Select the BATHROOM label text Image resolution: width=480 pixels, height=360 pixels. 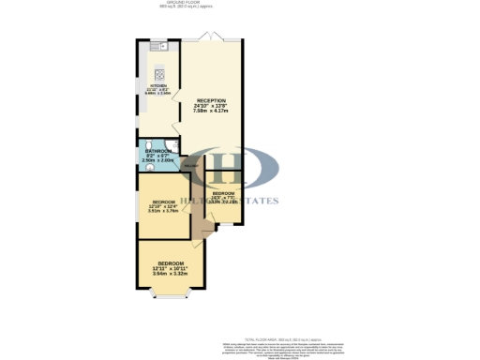coord(157,151)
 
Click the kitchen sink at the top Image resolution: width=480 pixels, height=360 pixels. coord(158,47)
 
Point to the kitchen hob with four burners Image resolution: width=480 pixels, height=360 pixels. coord(158,75)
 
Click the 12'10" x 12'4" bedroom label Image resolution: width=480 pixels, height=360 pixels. coord(163,206)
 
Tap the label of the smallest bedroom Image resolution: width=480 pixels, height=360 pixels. coord(224,193)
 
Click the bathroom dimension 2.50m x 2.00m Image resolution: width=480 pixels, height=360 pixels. coord(157,160)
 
